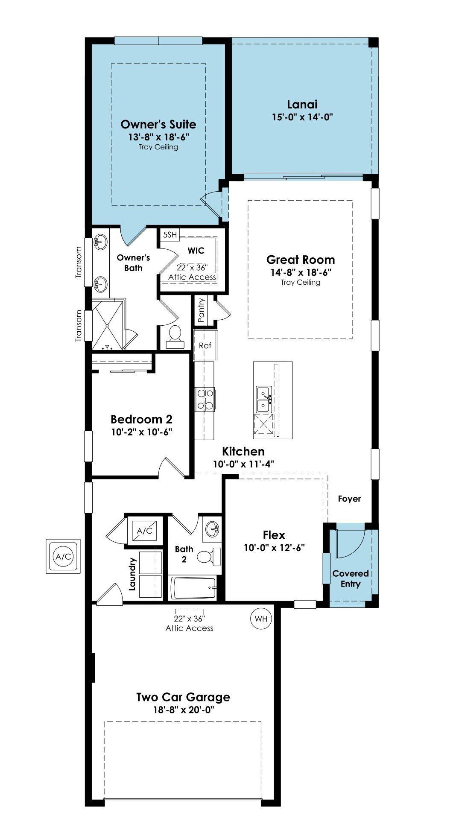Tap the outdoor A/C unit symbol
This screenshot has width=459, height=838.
[63, 556]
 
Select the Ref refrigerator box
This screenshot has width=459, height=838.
[205, 345]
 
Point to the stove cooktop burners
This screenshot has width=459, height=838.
[205, 399]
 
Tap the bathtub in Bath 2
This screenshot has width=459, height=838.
[193, 588]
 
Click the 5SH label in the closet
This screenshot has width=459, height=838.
[170, 234]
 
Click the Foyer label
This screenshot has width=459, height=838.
[349, 499]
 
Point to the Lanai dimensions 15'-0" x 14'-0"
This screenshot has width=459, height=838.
[302, 117]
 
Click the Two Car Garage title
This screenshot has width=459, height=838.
[183, 697]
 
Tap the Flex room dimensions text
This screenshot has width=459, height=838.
[274, 548]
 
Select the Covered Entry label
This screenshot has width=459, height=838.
[351, 579]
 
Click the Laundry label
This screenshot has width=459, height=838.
[132, 574]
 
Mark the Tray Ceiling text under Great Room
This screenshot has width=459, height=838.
[301, 282]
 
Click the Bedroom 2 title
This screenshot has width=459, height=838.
[141, 419]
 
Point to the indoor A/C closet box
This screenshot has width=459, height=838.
[145, 531]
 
